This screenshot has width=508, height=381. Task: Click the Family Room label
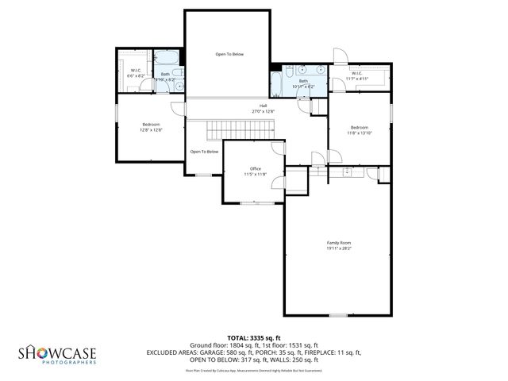coord(339,242)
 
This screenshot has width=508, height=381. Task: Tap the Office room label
coord(254,168)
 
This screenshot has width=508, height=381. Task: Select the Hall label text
coord(263,106)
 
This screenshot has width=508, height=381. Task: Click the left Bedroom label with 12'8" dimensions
coord(152,125)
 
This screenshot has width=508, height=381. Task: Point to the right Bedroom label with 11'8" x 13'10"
coord(360,127)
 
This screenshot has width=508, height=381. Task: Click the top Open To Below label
coord(229,54)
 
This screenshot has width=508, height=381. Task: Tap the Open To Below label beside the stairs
coord(204,152)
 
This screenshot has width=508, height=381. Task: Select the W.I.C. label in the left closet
coord(136,70)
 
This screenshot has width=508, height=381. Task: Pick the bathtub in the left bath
coord(167,57)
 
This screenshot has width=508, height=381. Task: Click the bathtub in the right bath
coord(276,83)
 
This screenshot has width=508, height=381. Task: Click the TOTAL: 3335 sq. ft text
coord(254,337)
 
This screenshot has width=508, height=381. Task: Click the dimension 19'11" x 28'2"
coord(339,248)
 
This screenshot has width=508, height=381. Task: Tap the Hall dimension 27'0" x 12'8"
coord(263,112)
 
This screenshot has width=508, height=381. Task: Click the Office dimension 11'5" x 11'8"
coord(254,174)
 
